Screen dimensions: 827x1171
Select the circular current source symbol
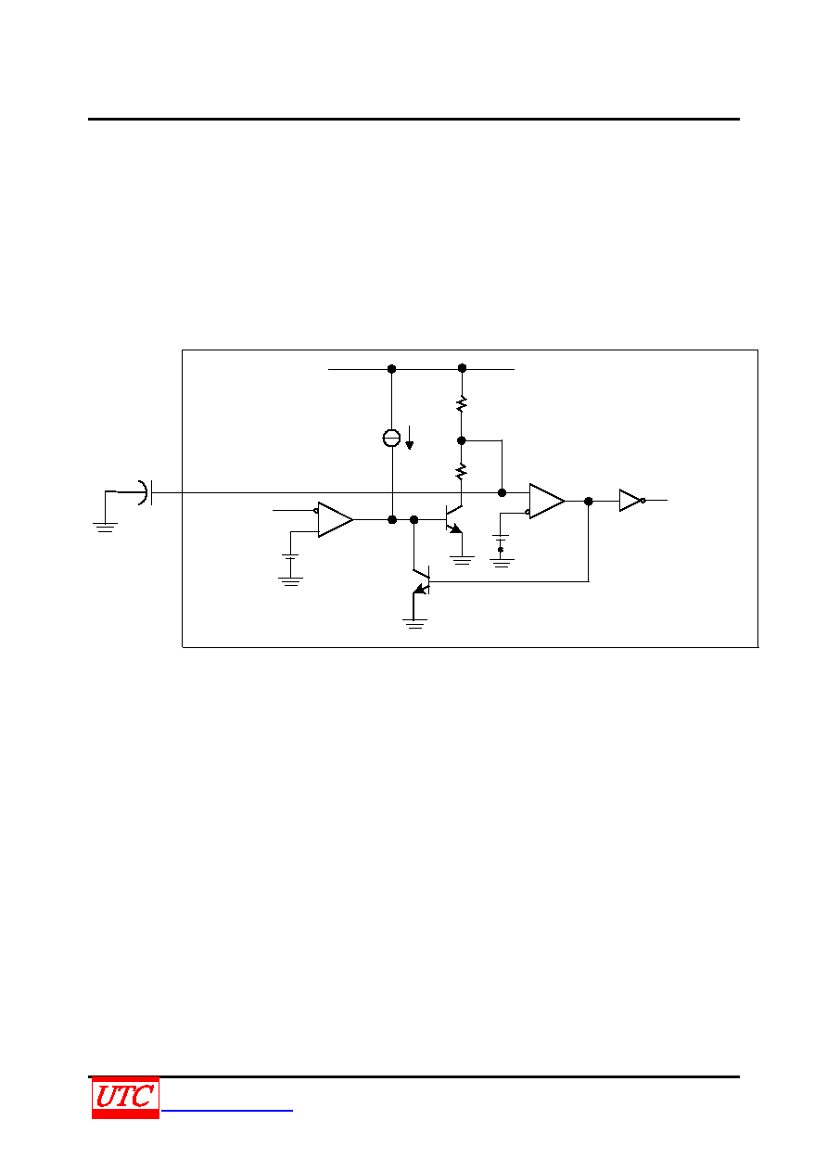coord(391,438)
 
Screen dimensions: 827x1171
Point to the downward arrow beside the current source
coord(410,438)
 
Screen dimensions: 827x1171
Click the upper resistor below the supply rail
coord(462,403)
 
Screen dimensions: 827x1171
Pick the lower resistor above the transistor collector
coord(461,471)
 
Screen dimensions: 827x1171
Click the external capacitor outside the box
coord(146,492)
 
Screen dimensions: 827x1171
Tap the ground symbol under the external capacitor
coord(105,528)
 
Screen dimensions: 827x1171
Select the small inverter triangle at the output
coord(630,501)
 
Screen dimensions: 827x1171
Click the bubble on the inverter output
coord(643,501)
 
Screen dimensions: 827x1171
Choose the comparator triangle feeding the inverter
coord(547,501)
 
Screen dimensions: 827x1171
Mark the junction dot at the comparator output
coord(588,502)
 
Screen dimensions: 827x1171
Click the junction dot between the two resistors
coord(461,440)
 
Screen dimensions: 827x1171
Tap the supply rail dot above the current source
coord(391,369)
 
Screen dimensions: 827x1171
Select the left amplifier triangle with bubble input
coord(335,519)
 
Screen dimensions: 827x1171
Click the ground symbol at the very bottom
coord(414,624)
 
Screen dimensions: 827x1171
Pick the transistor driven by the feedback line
coord(421,580)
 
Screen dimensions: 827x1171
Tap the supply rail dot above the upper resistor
coord(462,369)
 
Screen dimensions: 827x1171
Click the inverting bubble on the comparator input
coord(528,513)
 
